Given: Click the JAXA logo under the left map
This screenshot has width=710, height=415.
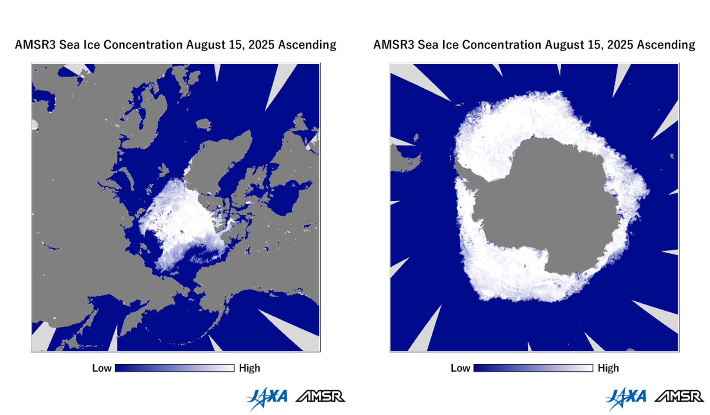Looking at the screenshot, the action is click(267, 398).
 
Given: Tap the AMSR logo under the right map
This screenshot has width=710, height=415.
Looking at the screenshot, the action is click(679, 397).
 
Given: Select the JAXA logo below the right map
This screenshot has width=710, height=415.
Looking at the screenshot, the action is click(626, 398).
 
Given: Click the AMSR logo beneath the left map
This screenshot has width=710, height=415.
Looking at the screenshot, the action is click(321, 397).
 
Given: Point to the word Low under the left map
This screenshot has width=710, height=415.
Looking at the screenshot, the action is click(102, 368).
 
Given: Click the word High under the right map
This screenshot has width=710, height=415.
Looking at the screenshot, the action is click(608, 368).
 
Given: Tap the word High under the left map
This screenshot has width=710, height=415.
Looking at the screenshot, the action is click(249, 368).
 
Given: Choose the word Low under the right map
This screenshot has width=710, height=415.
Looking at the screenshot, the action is click(460, 368).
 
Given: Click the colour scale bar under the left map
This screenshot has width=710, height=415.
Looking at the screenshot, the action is click(175, 368).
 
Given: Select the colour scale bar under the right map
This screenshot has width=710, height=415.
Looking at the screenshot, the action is click(533, 368).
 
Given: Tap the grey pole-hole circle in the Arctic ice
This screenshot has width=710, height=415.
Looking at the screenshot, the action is click(176, 207).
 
